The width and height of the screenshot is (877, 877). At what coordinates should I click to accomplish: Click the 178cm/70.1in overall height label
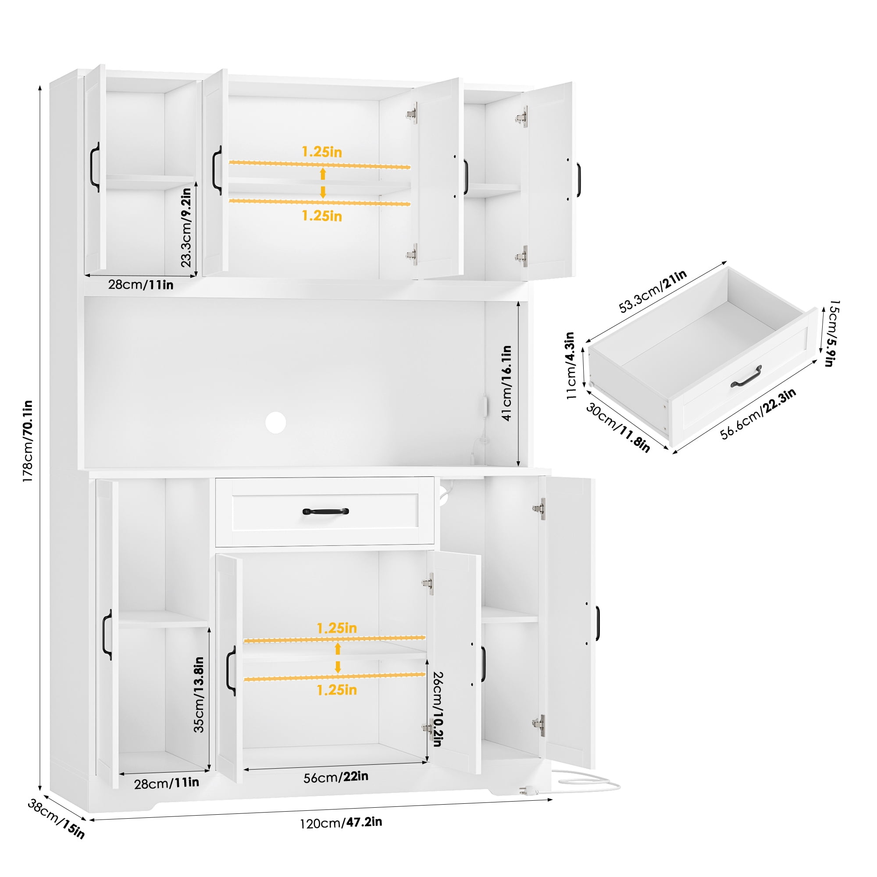click(x=28, y=441)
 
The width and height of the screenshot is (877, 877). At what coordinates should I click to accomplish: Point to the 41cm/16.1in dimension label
click(x=506, y=383)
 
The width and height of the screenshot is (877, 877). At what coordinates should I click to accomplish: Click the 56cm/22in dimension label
click(x=336, y=777)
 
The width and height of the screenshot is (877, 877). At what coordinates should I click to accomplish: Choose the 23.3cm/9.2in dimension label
click(x=186, y=228)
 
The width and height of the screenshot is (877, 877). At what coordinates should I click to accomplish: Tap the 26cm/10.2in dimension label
click(x=437, y=709)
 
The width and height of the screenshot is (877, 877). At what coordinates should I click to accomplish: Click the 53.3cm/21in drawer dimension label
click(x=653, y=291)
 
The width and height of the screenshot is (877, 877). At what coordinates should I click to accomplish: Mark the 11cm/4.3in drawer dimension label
click(x=570, y=365)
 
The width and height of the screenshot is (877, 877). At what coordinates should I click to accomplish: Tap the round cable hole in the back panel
click(x=275, y=423)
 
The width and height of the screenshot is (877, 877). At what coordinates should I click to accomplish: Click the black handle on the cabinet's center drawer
click(x=325, y=512)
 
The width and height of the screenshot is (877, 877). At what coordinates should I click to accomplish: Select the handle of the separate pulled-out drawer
click(x=747, y=377)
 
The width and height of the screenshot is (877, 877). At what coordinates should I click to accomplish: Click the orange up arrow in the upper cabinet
click(x=323, y=173)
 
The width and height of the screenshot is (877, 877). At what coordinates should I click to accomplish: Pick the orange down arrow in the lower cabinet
click(x=338, y=667)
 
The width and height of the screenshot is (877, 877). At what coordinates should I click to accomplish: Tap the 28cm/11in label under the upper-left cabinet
click(x=141, y=285)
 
